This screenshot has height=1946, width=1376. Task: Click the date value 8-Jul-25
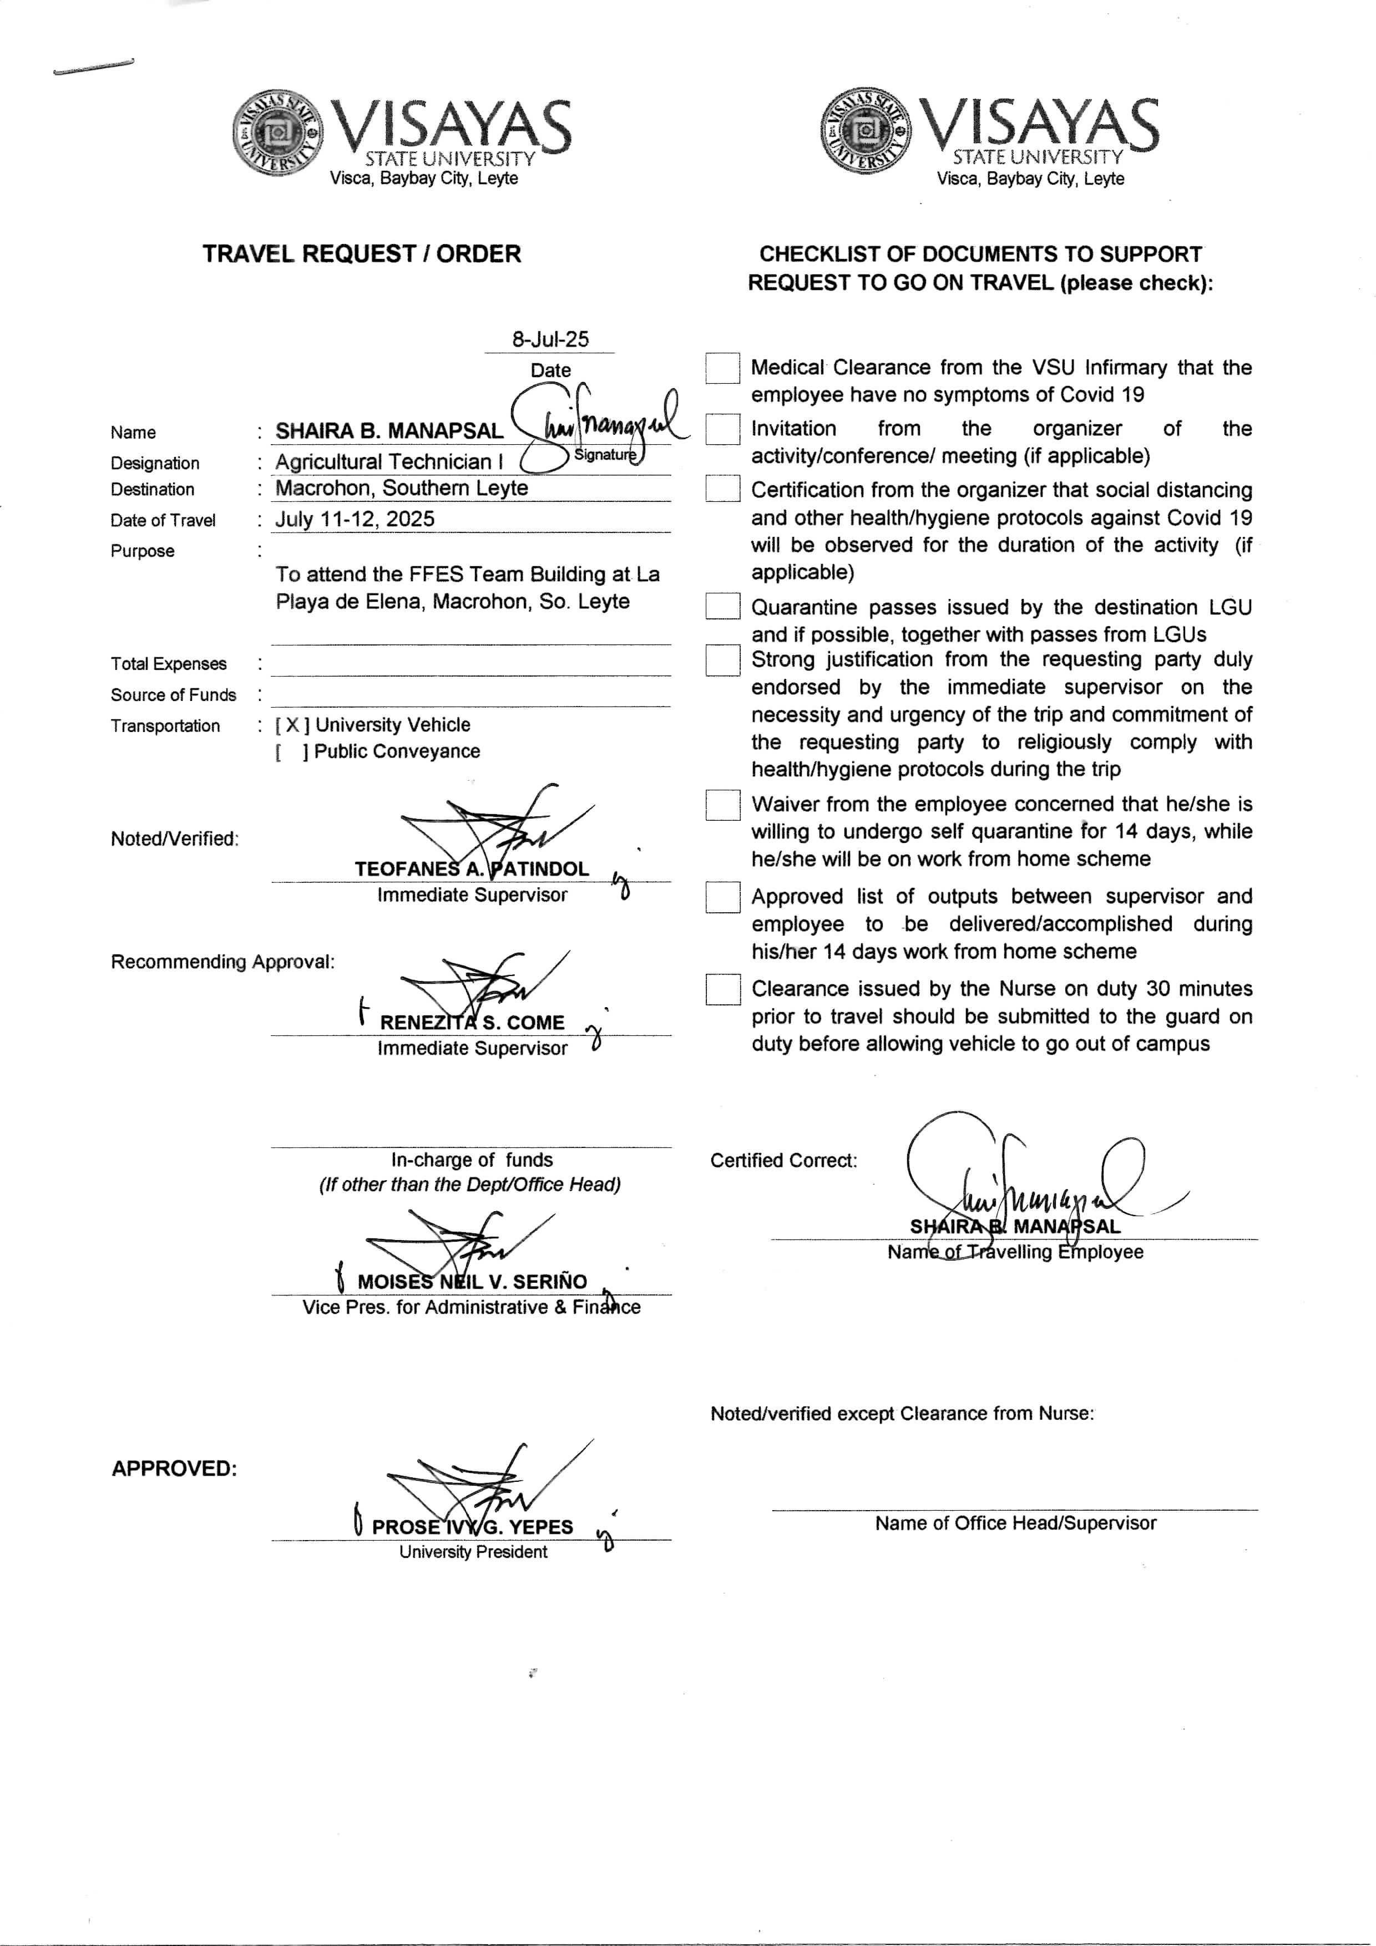(549, 339)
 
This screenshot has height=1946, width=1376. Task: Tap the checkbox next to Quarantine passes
(722, 607)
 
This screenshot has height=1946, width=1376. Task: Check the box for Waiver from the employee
(722, 805)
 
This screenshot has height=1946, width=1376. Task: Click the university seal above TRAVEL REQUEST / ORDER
(278, 132)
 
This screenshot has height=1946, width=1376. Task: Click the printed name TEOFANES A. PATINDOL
(472, 869)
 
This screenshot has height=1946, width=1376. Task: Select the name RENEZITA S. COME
(472, 1022)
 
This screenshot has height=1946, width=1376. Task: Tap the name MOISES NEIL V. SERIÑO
(472, 1282)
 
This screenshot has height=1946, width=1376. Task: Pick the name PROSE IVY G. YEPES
(472, 1526)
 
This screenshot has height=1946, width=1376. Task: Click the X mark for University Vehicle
(292, 725)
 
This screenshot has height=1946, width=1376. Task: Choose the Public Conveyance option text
(397, 751)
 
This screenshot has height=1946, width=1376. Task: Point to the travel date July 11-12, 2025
(355, 519)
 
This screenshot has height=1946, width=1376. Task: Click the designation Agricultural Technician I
(388, 462)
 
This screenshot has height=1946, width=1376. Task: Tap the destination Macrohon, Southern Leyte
(401, 488)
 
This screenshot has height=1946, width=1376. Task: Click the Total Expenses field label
(169, 664)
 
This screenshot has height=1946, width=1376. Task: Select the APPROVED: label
(174, 1469)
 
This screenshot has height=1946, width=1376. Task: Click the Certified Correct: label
(783, 1160)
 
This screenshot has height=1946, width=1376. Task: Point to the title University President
(473, 1552)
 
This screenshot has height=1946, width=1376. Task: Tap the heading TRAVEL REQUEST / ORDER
(361, 253)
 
